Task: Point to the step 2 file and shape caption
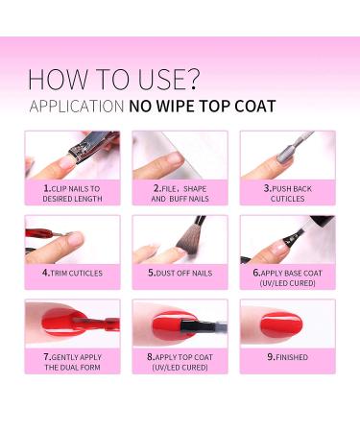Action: (x=180, y=194)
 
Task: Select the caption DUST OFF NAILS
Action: (x=180, y=272)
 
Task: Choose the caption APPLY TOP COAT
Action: (x=180, y=361)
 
